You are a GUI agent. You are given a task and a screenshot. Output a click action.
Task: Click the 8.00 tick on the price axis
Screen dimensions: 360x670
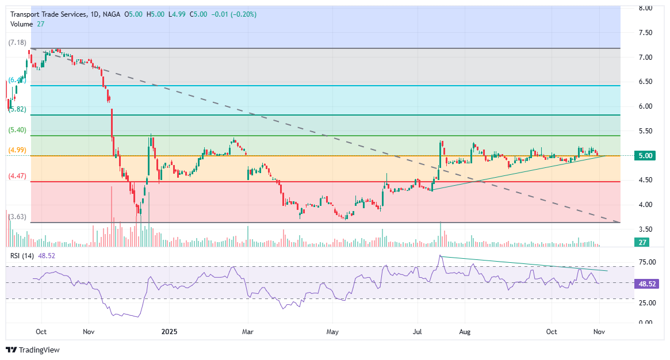tap(645, 8)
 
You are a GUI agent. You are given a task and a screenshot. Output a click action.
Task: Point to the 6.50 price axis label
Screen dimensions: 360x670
tap(645, 82)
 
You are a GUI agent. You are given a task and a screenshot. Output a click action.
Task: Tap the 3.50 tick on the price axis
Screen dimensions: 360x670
tap(645, 229)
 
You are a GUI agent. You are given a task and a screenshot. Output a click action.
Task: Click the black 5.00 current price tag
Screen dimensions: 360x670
tap(645, 156)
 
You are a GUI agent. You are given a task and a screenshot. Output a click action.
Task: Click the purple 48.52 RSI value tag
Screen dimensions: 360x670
tap(647, 284)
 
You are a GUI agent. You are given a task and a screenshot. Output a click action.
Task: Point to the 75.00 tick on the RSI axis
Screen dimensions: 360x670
tap(647, 262)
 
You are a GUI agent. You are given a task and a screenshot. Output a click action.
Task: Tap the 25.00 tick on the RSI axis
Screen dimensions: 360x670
tap(647, 302)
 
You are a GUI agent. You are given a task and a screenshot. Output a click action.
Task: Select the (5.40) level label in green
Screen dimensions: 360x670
tap(17, 130)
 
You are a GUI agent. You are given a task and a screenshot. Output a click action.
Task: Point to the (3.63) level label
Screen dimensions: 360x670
tap(17, 217)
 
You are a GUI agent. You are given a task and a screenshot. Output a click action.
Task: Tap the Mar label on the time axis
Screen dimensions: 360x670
tap(248, 332)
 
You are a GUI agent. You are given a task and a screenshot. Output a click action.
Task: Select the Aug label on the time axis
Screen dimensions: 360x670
tap(465, 332)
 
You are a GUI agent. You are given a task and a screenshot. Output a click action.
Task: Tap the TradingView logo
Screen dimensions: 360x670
tap(33, 350)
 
